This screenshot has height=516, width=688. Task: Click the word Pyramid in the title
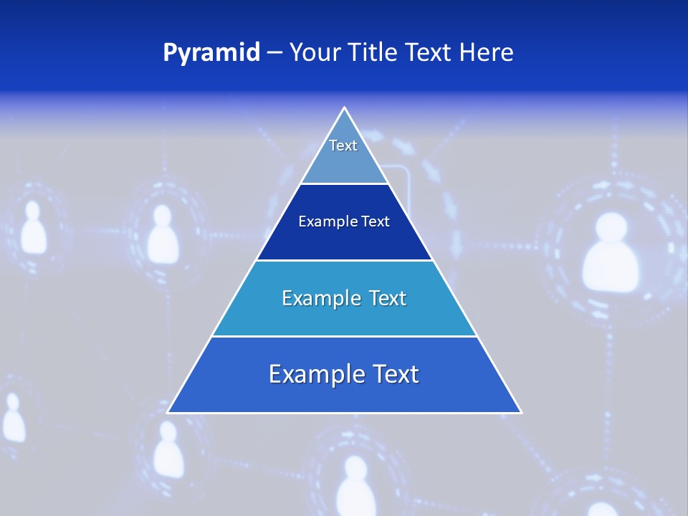click(211, 53)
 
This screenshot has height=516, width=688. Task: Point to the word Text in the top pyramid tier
click(343, 145)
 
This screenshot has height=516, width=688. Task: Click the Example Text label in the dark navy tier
click(344, 221)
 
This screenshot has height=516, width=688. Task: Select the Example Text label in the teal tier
click(344, 298)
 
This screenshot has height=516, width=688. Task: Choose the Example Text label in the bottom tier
click(344, 374)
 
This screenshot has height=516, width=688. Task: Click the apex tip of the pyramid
click(344, 109)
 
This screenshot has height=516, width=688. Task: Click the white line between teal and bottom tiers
click(344, 336)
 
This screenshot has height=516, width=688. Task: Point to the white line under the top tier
click(344, 184)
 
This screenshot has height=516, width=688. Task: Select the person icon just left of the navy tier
click(163, 232)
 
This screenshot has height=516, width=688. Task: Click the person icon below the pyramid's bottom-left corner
click(168, 448)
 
